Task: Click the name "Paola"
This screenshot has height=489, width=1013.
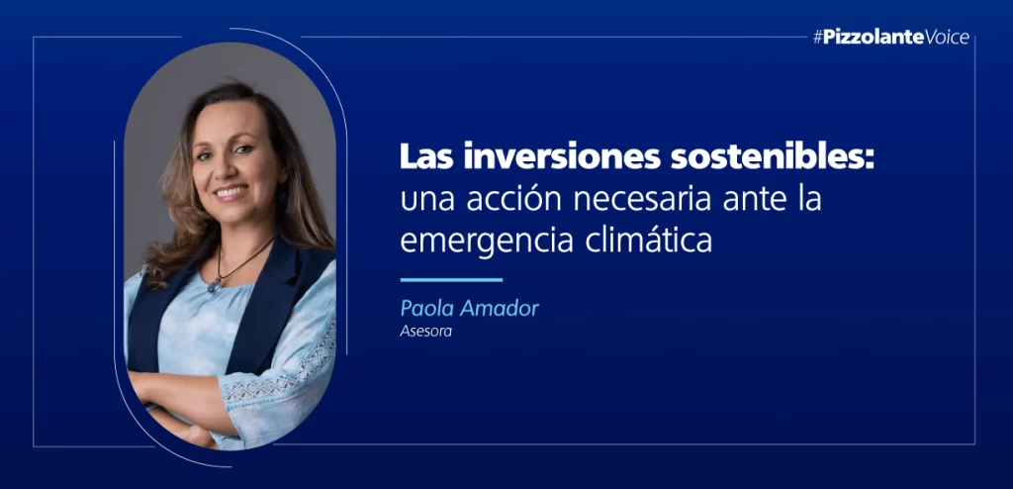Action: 426,309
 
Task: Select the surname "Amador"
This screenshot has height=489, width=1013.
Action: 498,309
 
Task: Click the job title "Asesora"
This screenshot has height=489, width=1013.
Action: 425,334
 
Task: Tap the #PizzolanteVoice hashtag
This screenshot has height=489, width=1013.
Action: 891,38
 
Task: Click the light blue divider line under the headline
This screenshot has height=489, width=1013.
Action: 451,280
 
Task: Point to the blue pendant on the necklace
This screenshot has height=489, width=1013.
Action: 213,286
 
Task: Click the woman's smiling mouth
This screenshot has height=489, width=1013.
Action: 230,192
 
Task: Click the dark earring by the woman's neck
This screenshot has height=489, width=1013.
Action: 282,193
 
